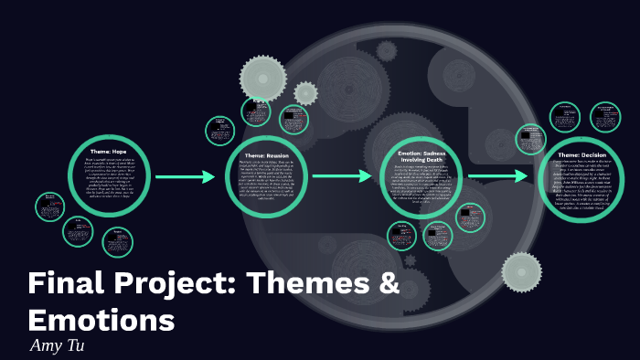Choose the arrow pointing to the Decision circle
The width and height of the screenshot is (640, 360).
coord(498,175)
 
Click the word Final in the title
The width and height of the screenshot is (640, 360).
coord(64,285)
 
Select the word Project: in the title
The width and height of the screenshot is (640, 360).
coord(170,285)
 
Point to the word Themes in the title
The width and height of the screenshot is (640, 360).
coord(307,285)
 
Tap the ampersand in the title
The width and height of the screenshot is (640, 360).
coord(389,285)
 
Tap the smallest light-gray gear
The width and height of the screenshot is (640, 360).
coord(305,93)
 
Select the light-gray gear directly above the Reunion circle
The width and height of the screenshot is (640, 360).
coord(263,79)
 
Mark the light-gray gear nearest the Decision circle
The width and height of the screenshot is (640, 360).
coord(522,272)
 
